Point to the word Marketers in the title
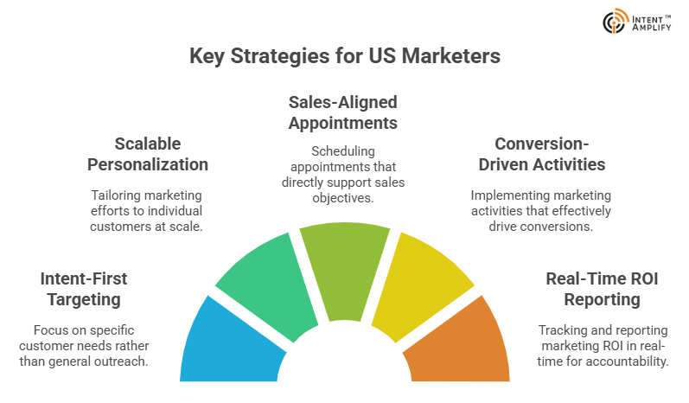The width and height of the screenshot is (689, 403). tap(451, 56)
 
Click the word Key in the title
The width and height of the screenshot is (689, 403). tap(207, 57)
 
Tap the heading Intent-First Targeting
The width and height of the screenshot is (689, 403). tap(84, 289)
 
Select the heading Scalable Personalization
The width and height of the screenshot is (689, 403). tap(148, 154)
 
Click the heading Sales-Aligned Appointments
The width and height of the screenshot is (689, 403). tap(342, 113)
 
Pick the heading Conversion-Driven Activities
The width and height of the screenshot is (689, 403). tap(542, 154)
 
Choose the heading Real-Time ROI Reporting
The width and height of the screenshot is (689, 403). tap(602, 289)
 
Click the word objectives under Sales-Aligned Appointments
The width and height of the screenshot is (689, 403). tap(343, 198)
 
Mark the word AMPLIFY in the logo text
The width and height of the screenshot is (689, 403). tap(652, 28)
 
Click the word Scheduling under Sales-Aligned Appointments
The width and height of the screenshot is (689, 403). tap(343, 151)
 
